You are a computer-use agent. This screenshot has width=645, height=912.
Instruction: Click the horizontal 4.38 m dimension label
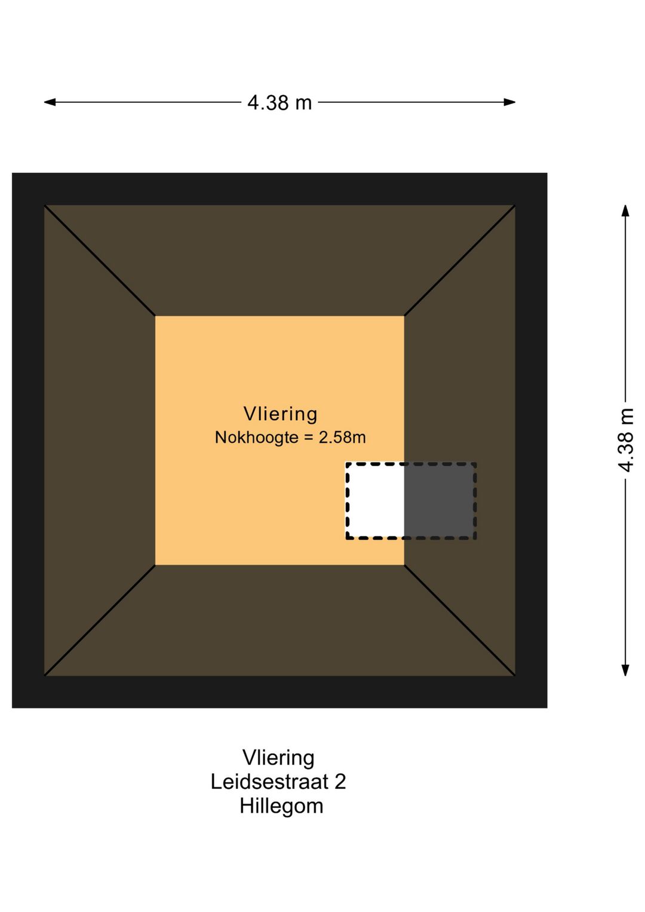(279, 103)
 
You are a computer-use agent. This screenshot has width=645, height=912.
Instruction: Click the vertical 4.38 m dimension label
(625, 440)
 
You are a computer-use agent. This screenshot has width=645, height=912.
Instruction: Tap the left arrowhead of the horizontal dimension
(50, 102)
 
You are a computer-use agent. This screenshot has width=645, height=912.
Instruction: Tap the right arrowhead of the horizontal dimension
(509, 102)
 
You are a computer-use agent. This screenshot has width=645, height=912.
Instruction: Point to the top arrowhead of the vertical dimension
(625, 210)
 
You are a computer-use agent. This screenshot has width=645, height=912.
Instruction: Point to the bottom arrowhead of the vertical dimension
(625, 670)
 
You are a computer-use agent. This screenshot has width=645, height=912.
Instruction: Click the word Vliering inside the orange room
(280, 414)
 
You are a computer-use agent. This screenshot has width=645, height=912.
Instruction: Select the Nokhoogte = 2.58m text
(290, 437)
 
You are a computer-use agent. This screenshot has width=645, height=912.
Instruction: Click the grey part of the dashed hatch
(439, 500)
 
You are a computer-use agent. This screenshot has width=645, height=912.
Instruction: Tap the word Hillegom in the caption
(281, 806)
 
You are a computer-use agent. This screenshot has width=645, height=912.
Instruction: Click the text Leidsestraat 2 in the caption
(278, 782)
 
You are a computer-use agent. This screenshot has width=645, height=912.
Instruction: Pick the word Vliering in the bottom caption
(278, 758)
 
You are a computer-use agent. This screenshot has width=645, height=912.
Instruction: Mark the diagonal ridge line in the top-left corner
(100, 261)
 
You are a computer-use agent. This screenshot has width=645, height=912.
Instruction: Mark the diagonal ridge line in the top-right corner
(460, 261)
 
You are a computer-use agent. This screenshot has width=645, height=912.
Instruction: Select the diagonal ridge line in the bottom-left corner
(100, 620)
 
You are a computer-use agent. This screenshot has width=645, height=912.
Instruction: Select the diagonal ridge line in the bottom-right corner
(460, 620)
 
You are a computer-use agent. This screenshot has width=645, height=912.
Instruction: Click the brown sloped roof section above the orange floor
(279, 261)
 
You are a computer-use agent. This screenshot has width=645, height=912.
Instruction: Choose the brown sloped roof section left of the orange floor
(100, 440)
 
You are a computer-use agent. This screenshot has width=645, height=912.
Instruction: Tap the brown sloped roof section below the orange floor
(279, 620)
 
